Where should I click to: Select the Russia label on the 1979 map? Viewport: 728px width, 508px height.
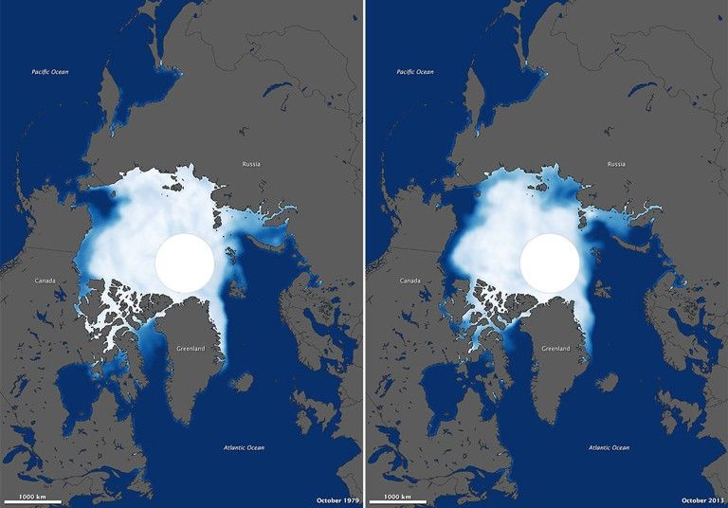(250, 164)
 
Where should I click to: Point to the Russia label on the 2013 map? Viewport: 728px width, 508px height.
(616, 164)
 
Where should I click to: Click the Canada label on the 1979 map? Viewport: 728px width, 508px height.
(44, 281)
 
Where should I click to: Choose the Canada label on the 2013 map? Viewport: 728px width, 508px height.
(409, 281)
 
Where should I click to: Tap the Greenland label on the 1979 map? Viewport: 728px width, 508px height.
(191, 349)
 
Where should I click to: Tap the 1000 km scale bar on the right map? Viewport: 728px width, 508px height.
(398, 500)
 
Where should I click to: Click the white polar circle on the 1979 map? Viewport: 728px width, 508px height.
(184, 262)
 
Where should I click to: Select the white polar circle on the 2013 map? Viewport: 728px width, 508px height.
(550, 262)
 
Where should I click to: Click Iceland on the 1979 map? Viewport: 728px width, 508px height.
(242, 382)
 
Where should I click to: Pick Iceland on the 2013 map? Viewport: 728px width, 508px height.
(608, 382)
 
